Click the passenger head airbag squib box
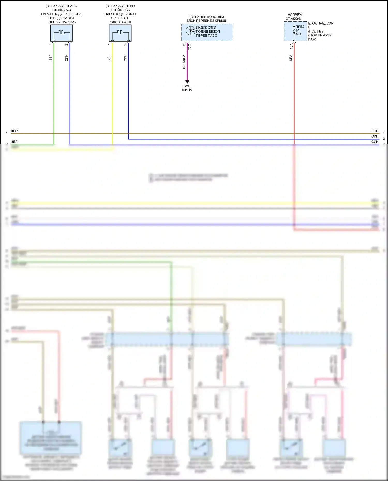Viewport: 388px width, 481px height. [62, 33]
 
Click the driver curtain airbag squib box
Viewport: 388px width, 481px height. [120, 33]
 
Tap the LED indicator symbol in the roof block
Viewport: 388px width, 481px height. [191, 31]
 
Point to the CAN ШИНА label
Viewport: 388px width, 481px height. [187, 88]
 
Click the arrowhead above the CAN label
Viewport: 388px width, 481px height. [187, 82]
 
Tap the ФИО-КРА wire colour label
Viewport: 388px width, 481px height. [184, 62]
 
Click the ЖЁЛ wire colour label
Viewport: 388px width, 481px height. [109, 58]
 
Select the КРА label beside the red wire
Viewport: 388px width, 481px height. [291, 58]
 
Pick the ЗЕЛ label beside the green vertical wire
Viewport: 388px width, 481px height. [50, 57]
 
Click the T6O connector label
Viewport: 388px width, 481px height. [189, 47]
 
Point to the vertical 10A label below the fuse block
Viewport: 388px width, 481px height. [291, 46]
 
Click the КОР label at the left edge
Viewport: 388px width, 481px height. [14, 131]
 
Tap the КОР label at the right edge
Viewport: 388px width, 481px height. [375, 131]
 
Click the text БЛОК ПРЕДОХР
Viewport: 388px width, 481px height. [320, 23]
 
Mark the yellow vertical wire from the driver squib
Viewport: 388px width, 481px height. [112, 98]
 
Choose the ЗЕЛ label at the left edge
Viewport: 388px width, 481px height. [14, 142]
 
